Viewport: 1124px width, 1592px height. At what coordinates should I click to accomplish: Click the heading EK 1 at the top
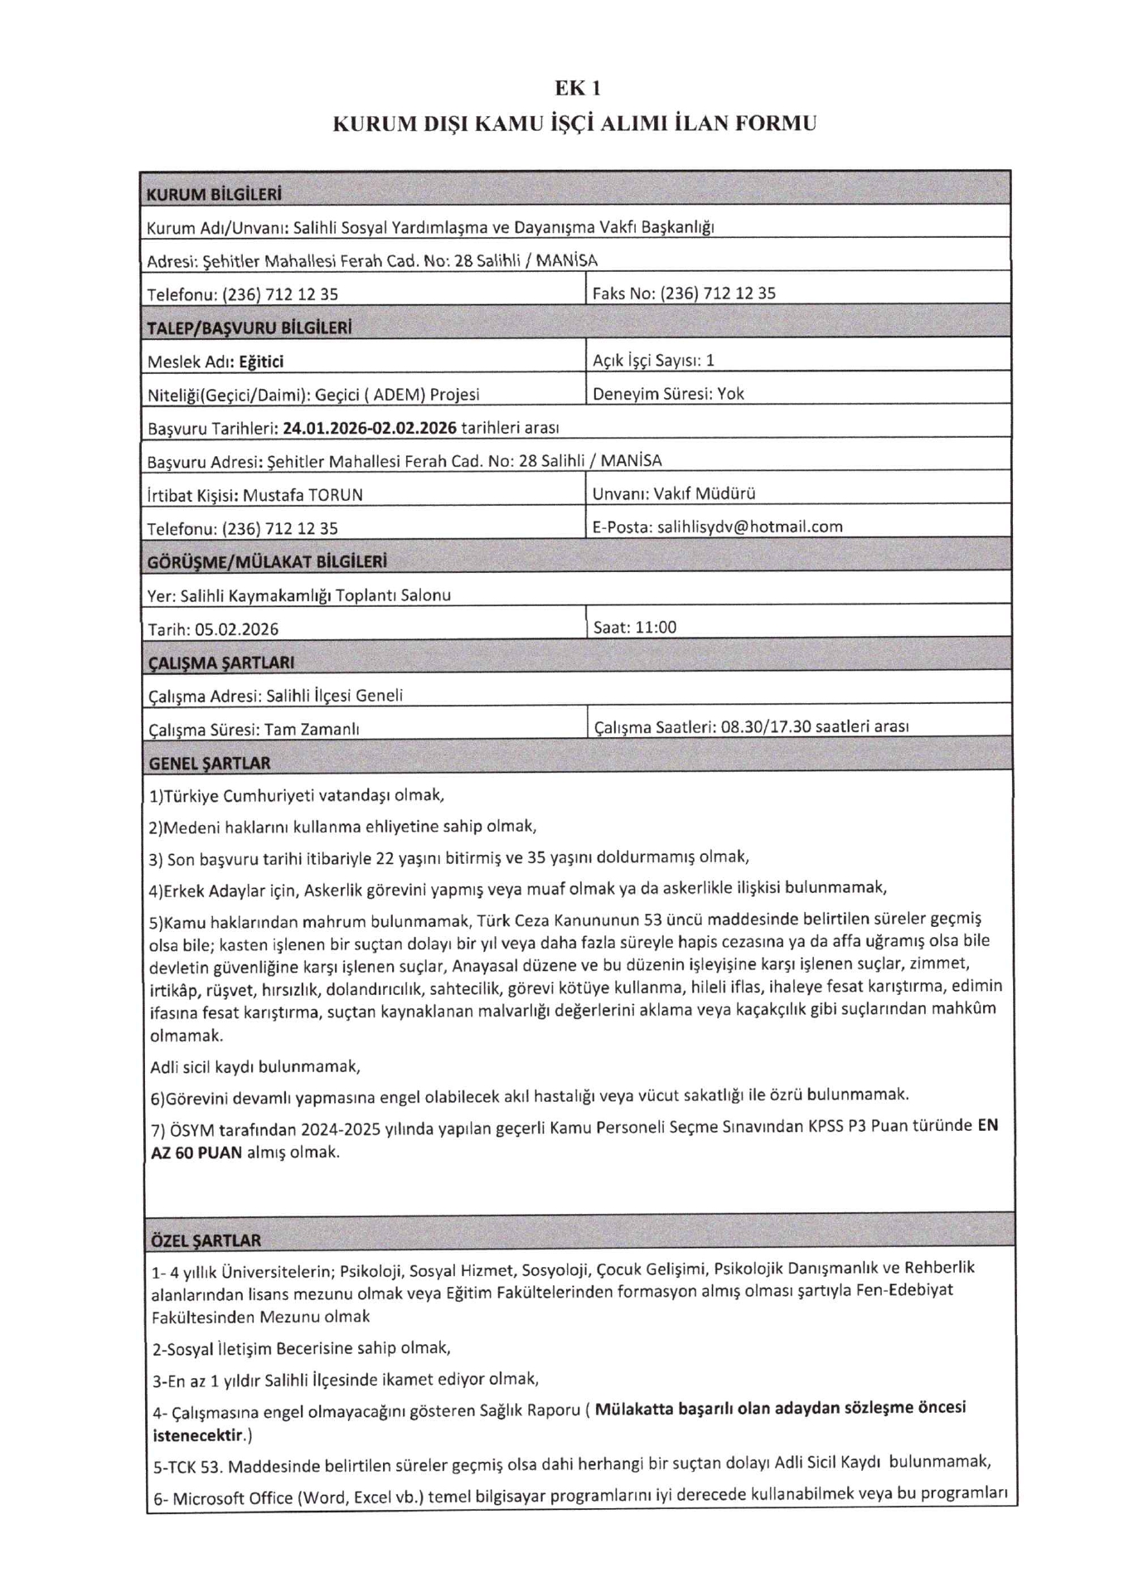click(x=577, y=89)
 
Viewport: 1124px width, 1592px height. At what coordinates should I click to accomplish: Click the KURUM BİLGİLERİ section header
click(x=214, y=195)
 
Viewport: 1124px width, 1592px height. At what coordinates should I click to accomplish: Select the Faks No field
click(x=684, y=293)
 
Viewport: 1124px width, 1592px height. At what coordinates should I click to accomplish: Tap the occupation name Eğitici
click(x=261, y=362)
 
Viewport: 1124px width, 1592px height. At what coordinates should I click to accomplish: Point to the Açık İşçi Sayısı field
click(x=653, y=360)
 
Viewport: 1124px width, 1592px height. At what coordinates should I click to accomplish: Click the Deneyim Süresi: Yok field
click(x=668, y=394)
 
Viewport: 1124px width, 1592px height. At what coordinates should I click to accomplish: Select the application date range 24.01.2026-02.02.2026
click(x=370, y=428)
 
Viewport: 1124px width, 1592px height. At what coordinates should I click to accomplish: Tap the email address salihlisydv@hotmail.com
click(x=749, y=527)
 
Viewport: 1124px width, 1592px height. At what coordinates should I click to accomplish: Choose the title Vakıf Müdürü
click(x=704, y=493)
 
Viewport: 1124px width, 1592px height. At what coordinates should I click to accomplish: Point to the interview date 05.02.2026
click(x=236, y=629)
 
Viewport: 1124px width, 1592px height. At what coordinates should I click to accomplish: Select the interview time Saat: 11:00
click(x=635, y=628)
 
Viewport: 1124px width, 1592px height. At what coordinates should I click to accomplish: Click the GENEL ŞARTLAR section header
click(x=209, y=763)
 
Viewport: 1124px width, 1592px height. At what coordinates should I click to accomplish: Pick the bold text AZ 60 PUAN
click(x=196, y=1153)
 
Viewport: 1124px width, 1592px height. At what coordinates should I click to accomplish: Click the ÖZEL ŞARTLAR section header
click(x=206, y=1241)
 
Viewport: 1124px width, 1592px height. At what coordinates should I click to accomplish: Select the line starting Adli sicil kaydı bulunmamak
click(x=255, y=1066)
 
